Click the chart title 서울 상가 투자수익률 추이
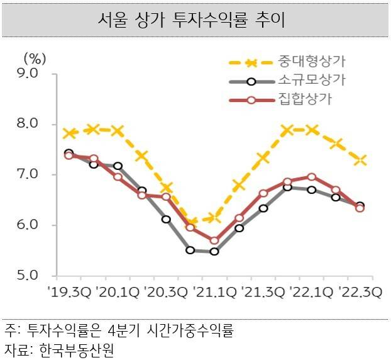pos(196,21)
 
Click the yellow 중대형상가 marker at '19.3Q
pos(69,133)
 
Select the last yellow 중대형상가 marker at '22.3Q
pos(360,160)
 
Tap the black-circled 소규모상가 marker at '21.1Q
pos(214,251)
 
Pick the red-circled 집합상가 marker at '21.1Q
pos(214,240)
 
